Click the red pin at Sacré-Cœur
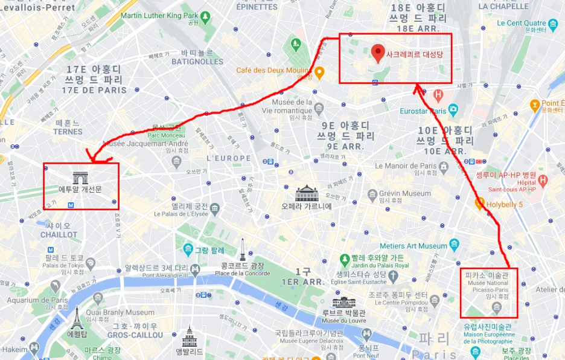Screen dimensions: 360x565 (378, 53)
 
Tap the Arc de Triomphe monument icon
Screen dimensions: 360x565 (80, 178)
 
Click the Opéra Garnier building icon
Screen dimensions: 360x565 (307, 194)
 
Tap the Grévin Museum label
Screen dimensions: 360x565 (405, 194)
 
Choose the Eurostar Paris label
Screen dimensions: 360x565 (423, 111)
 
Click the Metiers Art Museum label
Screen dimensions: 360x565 (413, 246)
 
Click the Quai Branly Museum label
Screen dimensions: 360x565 (124, 312)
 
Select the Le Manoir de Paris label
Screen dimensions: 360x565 (406, 166)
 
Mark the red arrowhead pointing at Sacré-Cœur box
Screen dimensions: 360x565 (417, 89)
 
